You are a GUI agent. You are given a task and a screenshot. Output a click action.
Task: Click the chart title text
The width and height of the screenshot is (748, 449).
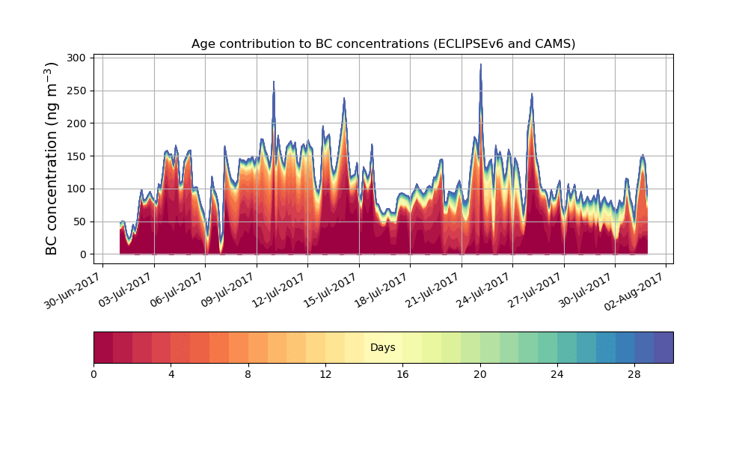point(383,43)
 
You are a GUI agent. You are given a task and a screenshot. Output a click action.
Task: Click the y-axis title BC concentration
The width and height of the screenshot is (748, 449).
point(52,159)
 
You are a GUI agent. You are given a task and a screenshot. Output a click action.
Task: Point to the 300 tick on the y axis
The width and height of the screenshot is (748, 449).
point(79,58)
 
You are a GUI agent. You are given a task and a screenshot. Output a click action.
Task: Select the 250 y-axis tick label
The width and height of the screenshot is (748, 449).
point(79,91)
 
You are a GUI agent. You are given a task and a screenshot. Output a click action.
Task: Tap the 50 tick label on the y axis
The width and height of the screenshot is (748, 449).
point(82,222)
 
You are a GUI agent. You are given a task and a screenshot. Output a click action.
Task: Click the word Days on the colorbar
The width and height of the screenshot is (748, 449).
point(383,348)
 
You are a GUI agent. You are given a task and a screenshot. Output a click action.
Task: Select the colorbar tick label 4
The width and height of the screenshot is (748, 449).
point(171,374)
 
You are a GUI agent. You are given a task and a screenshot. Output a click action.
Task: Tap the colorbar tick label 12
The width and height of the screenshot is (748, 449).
point(325,374)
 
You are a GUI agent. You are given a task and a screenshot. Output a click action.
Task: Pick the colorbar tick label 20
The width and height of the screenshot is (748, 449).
point(479,374)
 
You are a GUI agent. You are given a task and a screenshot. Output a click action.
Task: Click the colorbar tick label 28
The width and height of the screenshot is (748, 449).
point(634,374)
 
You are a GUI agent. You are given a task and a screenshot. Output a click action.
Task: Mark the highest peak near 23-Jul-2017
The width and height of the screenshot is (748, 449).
point(481,65)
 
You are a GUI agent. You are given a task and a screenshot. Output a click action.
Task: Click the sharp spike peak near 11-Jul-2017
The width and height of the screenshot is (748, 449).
point(274,82)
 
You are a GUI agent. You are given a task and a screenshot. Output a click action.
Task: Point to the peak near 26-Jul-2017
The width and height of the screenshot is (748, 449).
point(532,94)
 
